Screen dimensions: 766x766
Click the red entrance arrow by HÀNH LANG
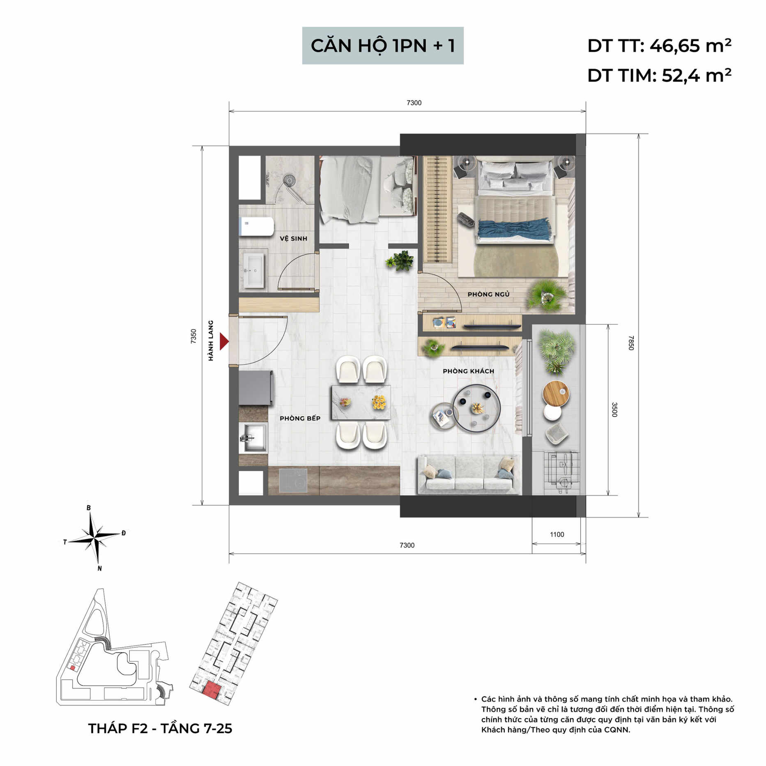coord(224,341)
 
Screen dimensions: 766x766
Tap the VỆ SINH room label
coord(293,238)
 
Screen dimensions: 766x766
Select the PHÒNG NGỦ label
coord(488,294)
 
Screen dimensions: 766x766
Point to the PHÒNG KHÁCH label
coord(468,371)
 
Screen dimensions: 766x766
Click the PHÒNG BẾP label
coord(300,418)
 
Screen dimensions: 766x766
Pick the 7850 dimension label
coord(631,343)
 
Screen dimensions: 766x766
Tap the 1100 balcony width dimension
coord(557,534)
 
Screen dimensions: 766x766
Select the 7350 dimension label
coord(194,336)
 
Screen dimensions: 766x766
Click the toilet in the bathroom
coord(257,227)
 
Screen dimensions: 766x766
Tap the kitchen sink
coord(253,438)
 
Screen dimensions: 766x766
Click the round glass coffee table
coord(476,408)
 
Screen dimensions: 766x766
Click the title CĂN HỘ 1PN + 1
coord(383,46)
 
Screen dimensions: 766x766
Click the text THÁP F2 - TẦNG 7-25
coord(160,729)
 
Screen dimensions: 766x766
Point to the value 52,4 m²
coord(696,76)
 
